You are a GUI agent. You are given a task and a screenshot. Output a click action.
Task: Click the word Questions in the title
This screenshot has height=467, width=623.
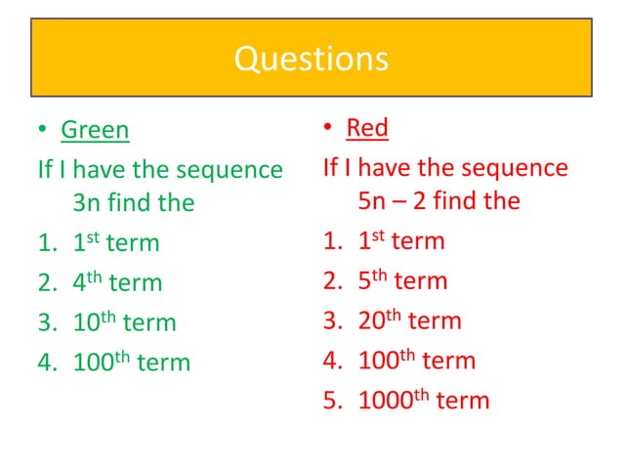pos(311,59)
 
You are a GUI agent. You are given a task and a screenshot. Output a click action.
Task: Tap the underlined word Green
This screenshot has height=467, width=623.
pos(95,130)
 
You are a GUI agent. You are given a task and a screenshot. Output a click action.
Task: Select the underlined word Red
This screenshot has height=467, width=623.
pos(367,127)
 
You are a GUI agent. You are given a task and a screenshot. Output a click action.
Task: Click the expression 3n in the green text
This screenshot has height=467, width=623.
pos(87,203)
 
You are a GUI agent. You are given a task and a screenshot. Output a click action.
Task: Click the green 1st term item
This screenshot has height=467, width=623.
pos(116,243)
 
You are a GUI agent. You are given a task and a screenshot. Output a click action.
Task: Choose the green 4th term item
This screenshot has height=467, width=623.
pos(117,283)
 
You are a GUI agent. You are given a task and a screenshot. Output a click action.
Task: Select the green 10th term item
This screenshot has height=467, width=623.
pos(124,323)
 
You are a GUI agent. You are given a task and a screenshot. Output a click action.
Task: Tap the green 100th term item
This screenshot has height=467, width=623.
pos(131,363)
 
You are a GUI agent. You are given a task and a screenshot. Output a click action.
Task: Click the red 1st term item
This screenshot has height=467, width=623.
pos(401,240)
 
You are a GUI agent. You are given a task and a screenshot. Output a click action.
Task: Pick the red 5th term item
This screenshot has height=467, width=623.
pos(402,281)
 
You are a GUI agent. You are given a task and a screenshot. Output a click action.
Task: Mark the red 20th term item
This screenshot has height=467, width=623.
pos(409,321)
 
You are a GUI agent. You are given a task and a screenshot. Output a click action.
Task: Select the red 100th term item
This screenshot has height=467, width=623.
pos(416,361)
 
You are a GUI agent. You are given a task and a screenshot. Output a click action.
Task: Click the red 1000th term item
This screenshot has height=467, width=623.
pos(423,401)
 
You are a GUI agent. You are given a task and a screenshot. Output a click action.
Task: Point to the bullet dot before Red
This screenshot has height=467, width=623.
pos(328,128)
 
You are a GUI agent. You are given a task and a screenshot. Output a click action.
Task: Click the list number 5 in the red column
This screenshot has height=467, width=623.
pos(330,401)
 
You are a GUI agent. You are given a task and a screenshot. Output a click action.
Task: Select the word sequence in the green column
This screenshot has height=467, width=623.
pos(229,170)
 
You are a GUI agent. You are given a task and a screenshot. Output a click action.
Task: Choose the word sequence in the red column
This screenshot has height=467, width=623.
pos(515,168)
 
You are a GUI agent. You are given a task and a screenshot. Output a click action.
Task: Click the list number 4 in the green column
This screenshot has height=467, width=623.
pos(45,363)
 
